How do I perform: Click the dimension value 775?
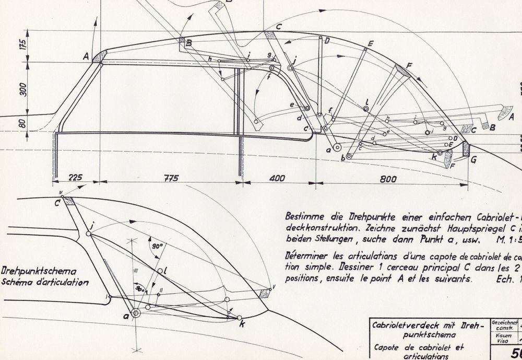click(168, 178)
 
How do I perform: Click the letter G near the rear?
click(473, 160)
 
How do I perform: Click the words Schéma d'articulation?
click(44, 282)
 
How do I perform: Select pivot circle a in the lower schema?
click(136, 313)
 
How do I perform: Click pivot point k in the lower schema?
click(240, 318)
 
